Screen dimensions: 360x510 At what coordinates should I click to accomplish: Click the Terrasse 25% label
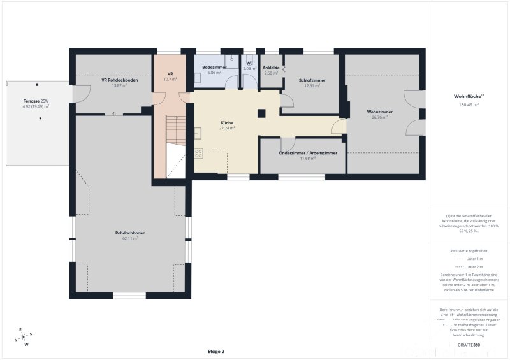click(36, 101)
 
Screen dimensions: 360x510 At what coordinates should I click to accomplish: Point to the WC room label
click(251, 63)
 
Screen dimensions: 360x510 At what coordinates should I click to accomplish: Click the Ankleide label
click(272, 68)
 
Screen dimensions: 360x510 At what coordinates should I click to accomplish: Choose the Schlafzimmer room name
click(312, 80)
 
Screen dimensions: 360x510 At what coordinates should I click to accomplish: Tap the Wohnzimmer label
click(380, 112)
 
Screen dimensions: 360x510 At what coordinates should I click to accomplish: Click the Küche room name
click(227, 122)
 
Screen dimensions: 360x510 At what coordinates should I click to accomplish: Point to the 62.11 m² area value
click(131, 238)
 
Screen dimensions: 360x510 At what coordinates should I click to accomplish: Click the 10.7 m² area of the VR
click(170, 79)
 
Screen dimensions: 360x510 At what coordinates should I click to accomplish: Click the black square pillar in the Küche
click(261, 113)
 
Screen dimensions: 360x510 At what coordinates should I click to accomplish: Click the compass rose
click(24, 337)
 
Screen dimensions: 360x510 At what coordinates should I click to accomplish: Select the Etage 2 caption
click(215, 351)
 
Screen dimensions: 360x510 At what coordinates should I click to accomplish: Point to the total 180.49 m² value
click(469, 104)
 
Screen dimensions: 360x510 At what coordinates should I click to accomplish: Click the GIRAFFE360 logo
click(469, 345)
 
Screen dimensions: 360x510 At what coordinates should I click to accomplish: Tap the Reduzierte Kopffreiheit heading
click(469, 251)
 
